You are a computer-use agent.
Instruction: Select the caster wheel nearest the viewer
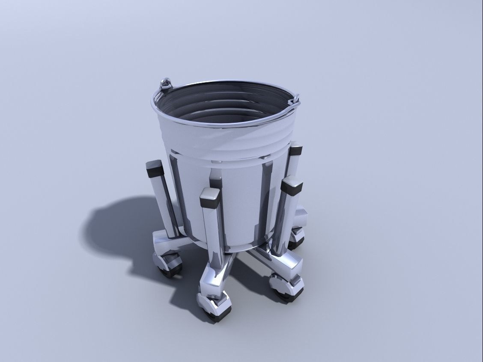(216, 311)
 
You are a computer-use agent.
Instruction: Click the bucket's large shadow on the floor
(116, 227)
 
